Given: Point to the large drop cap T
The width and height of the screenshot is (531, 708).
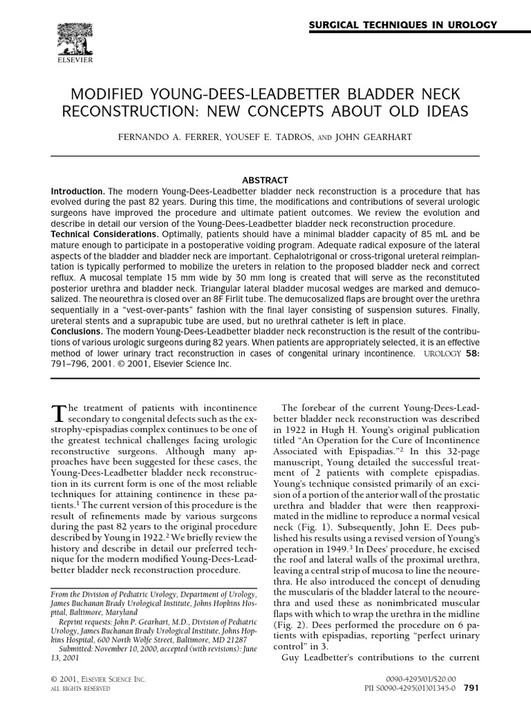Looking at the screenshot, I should (x=58, y=412).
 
